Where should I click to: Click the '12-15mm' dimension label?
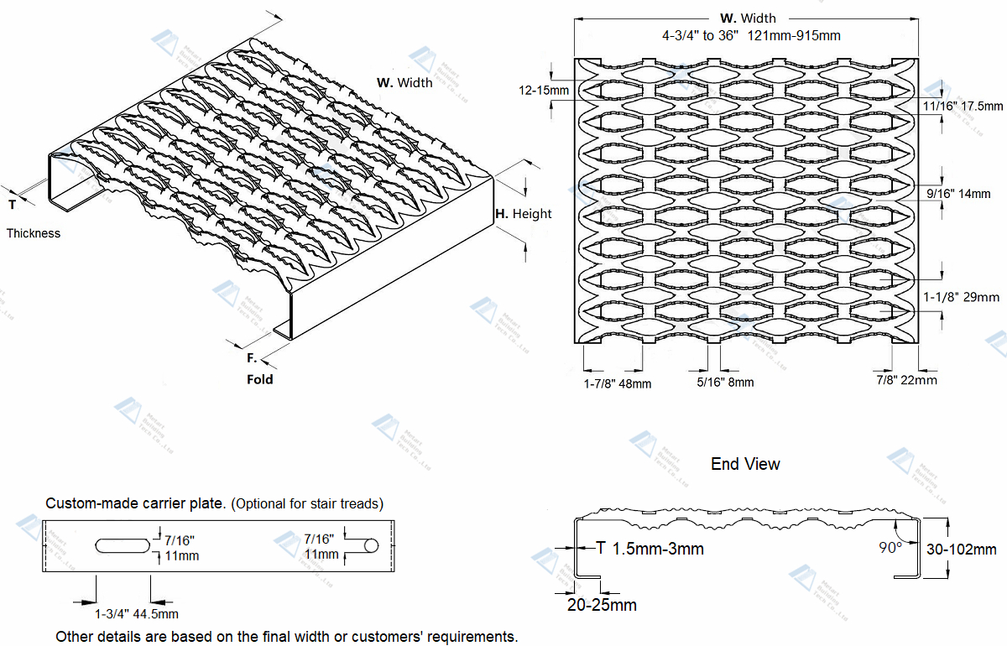click(x=544, y=90)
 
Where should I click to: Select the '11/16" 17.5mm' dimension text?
click(x=963, y=106)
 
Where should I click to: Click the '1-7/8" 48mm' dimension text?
click(x=618, y=383)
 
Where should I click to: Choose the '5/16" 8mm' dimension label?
click(x=725, y=382)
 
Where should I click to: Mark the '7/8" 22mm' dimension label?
click(x=906, y=380)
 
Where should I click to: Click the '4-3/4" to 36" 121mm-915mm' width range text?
click(x=751, y=35)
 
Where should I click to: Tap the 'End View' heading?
click(x=745, y=464)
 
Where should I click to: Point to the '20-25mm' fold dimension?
click(x=601, y=605)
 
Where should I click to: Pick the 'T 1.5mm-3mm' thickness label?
click(x=650, y=549)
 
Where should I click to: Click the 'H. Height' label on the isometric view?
click(x=523, y=214)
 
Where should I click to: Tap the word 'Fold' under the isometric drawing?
click(x=260, y=379)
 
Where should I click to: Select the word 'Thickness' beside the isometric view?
click(x=34, y=233)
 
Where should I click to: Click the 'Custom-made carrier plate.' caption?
click(x=135, y=503)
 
